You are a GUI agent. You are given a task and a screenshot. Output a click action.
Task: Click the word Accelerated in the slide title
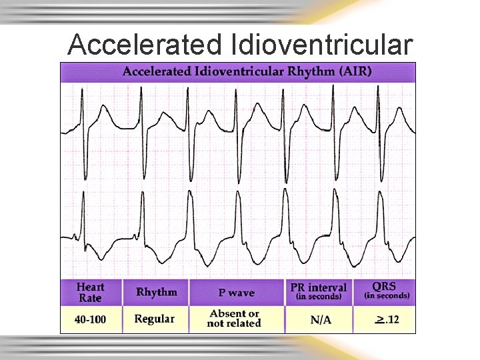pyautogui.click(x=145, y=45)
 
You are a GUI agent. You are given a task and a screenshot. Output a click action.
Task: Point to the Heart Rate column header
pyautogui.click(x=90, y=293)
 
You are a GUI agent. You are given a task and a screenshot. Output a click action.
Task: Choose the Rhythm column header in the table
pyautogui.click(x=157, y=292)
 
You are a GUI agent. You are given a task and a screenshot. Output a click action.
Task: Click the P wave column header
pyautogui.click(x=236, y=293)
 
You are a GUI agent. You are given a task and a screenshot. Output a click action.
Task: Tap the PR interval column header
pyautogui.click(x=319, y=291)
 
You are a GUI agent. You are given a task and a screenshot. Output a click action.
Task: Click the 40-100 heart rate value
pyautogui.click(x=90, y=319)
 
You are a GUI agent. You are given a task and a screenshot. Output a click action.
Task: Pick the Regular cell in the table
pyautogui.click(x=154, y=319)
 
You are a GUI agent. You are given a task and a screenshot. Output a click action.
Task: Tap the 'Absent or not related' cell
pyautogui.click(x=234, y=319)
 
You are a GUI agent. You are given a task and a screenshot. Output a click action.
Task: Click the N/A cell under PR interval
pyautogui.click(x=321, y=320)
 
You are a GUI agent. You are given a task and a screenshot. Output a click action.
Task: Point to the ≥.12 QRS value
pyautogui.click(x=387, y=320)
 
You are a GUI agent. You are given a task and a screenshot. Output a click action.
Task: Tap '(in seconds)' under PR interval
pyautogui.click(x=319, y=297)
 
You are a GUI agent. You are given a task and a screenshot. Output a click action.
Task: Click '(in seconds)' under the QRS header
pyautogui.click(x=387, y=295)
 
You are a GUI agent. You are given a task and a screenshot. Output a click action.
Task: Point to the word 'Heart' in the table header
pyautogui.click(x=90, y=287)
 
